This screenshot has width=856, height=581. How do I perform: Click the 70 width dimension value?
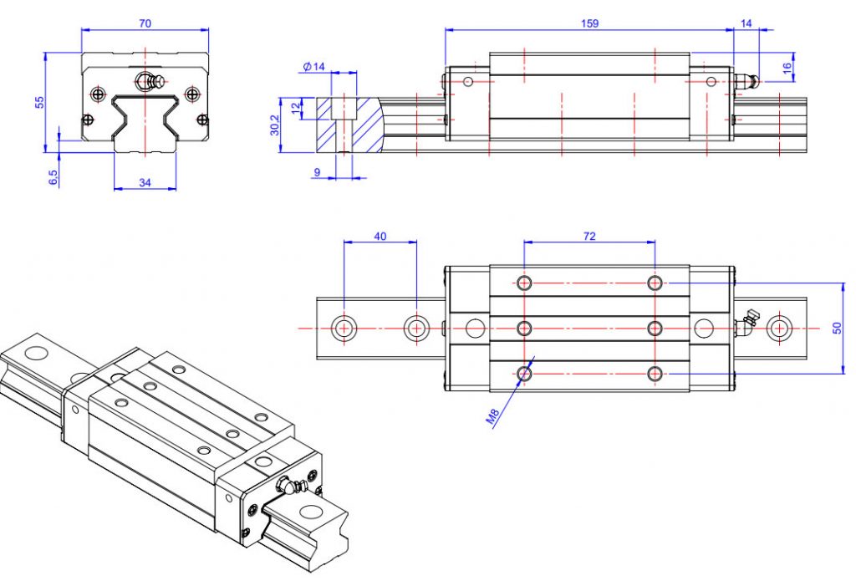[145, 23]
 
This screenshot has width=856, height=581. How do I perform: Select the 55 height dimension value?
[38, 102]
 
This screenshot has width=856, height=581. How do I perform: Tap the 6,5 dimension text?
[53, 177]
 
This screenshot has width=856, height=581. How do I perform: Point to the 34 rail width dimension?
[144, 182]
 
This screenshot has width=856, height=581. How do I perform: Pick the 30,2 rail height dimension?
[275, 124]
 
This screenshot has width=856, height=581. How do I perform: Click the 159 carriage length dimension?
[589, 23]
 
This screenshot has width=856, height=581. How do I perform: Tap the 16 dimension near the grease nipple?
[787, 69]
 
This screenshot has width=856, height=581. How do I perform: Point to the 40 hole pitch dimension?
[380, 237]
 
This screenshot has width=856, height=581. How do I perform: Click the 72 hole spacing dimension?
[588, 237]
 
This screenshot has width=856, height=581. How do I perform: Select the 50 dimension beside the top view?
[838, 329]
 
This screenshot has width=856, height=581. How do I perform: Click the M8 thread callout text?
[496, 415]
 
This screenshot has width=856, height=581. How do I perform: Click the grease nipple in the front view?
[147, 82]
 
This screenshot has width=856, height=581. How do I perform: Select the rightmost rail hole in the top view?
[780, 328]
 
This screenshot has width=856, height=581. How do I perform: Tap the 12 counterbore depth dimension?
[294, 106]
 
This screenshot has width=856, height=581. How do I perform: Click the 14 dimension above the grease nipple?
[746, 23]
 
